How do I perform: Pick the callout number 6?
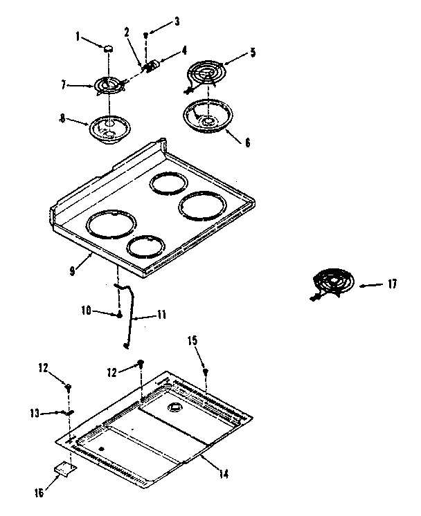pos(247,143)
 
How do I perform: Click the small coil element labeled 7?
pos(109,86)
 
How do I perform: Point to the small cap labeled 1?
pos(109,48)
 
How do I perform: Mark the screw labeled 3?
pos(145,35)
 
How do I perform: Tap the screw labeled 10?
pos(120,315)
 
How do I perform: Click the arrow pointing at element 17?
pos(371,284)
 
